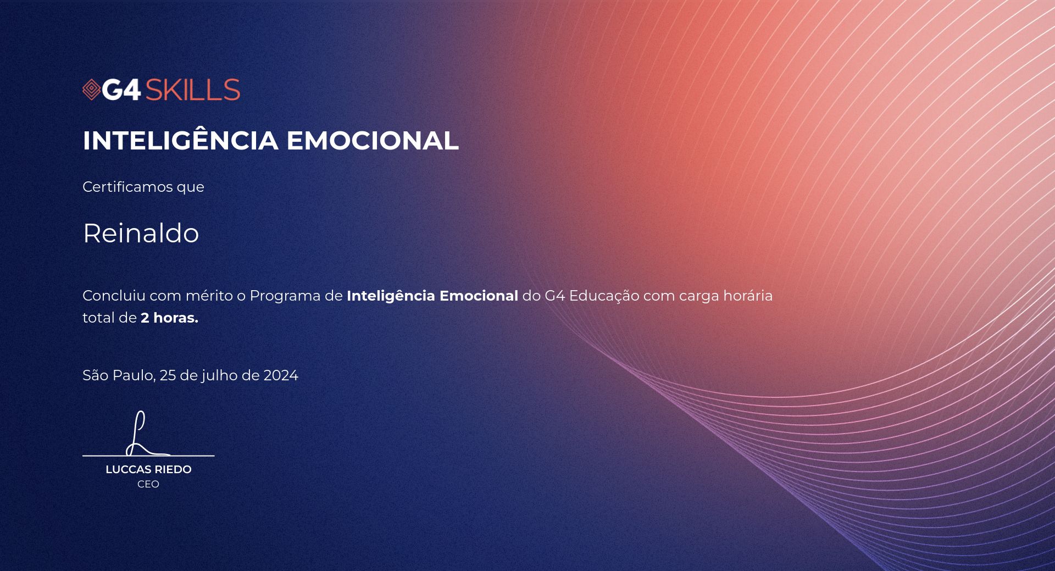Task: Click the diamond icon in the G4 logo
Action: (91, 90)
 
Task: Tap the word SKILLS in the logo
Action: (192, 90)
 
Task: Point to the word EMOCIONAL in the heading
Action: (373, 140)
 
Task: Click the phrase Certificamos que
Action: (143, 187)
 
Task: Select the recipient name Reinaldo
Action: (141, 233)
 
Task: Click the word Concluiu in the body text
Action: (114, 296)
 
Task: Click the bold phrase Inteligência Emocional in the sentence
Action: (432, 296)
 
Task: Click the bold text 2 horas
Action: (169, 318)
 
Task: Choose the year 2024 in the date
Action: (281, 375)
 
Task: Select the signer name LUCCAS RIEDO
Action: (148, 469)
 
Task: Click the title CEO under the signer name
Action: (148, 484)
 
